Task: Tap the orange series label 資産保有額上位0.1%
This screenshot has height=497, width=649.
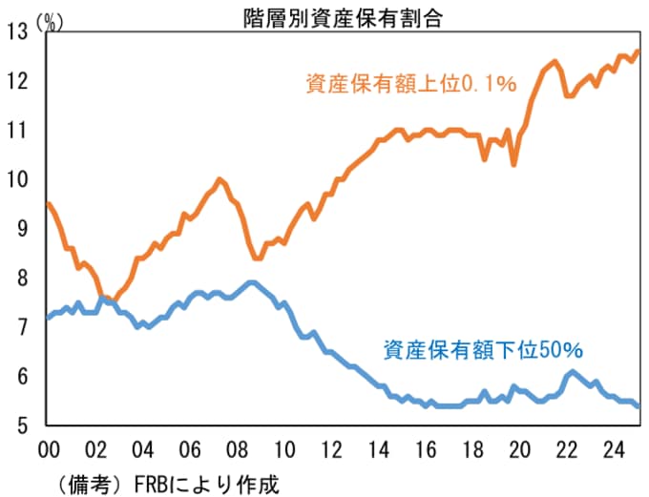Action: click(411, 84)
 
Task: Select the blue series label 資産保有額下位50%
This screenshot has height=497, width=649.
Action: click(483, 350)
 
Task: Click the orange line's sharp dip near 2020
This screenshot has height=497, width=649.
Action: click(514, 164)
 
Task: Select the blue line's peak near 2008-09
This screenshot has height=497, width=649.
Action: click(252, 282)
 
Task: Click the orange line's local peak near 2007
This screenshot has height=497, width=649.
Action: click(220, 179)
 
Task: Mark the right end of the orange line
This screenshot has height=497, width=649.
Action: click(638, 52)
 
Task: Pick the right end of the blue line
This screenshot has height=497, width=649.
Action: click(638, 405)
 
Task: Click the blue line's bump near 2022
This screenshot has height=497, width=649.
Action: click(571, 372)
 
